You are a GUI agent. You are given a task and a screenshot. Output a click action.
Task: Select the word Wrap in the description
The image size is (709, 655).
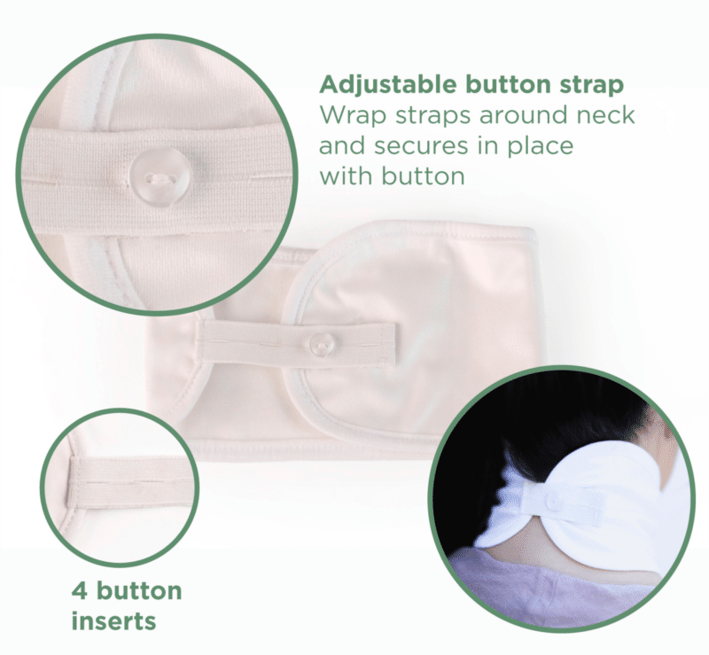coord(353,117)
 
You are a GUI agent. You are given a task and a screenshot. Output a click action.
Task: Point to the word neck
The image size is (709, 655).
coord(605,115)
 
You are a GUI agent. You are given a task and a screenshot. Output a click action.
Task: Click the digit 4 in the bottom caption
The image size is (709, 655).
coord(80,591)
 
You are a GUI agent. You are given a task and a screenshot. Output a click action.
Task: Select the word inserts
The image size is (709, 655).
coord(114,620)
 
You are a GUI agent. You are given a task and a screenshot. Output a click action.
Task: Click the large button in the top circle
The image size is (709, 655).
coord(159,177)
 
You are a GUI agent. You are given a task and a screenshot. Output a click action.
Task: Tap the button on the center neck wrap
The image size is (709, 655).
coord(323,344)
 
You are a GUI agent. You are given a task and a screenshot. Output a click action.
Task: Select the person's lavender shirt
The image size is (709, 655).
coord(542,588)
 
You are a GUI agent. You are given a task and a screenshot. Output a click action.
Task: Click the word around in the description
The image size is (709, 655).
coord(525,116)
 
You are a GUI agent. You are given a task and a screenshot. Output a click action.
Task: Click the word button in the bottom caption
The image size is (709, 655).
coord(139,591)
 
